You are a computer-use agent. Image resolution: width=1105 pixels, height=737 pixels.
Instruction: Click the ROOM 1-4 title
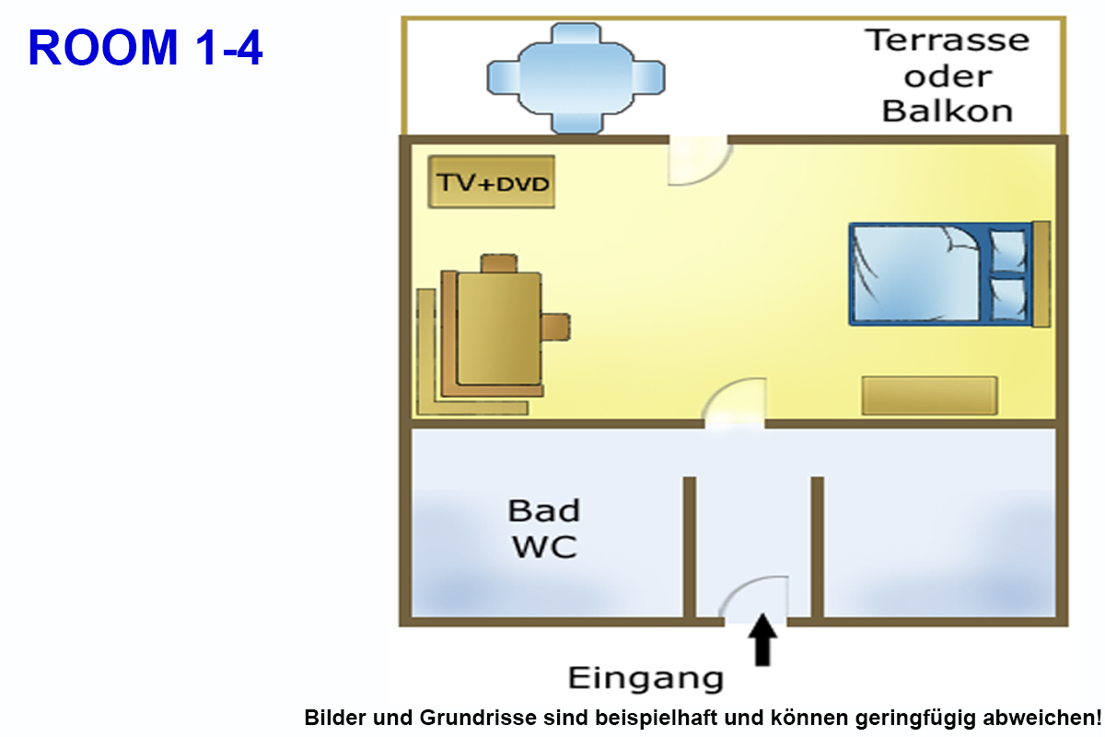click(x=145, y=48)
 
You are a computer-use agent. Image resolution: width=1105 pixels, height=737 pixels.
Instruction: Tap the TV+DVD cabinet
click(x=492, y=182)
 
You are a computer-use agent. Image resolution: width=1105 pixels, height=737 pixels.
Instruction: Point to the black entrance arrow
click(x=762, y=640)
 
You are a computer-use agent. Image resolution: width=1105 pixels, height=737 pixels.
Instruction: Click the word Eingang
click(x=646, y=679)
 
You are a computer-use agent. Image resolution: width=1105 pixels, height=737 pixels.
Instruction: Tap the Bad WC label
click(x=544, y=529)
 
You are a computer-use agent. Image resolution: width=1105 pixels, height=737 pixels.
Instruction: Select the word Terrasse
click(x=948, y=41)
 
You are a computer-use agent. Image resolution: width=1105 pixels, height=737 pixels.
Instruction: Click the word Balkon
click(x=948, y=111)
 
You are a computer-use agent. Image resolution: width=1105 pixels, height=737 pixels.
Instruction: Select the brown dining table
click(x=498, y=328)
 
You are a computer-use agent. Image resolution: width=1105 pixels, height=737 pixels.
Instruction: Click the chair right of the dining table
click(x=555, y=326)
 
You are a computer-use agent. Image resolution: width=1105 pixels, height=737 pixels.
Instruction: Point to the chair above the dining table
click(x=500, y=263)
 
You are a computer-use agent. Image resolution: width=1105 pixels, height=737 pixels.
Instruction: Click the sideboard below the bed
click(x=929, y=395)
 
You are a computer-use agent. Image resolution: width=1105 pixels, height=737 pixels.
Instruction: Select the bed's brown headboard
click(x=1041, y=275)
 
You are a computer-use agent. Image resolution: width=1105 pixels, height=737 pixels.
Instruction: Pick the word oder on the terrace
click(x=948, y=76)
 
